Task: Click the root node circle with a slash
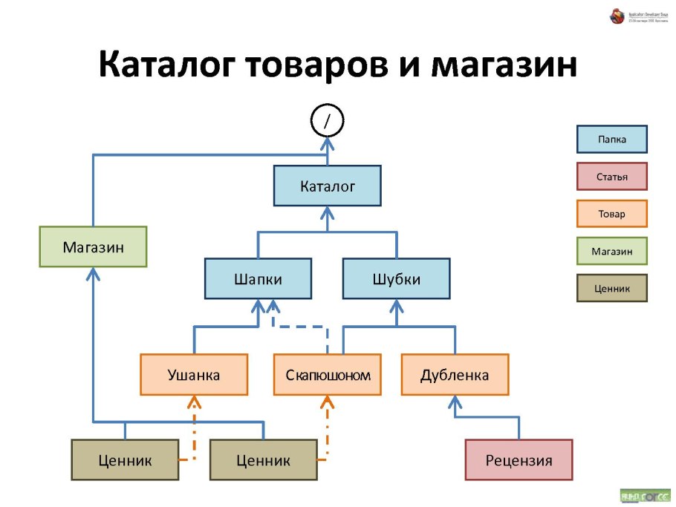pyautogui.click(x=327, y=121)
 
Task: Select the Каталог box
pyautogui.click(x=327, y=186)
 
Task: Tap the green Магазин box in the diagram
pyautogui.click(x=93, y=246)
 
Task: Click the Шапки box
pyautogui.click(x=258, y=279)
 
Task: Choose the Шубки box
pyautogui.click(x=396, y=279)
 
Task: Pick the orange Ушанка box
pyautogui.click(x=193, y=375)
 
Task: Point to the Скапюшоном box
pyautogui.click(x=328, y=375)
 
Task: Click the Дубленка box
pyautogui.click(x=455, y=375)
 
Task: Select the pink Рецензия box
pyautogui.click(x=519, y=460)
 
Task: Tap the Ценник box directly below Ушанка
pyautogui.click(x=125, y=460)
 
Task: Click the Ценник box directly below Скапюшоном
pyautogui.click(x=263, y=460)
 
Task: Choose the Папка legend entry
pyautogui.click(x=611, y=140)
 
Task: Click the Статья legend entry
pyautogui.click(x=611, y=177)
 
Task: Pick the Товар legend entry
pyautogui.click(x=611, y=214)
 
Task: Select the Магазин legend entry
pyautogui.click(x=611, y=251)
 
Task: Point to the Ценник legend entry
pyautogui.click(x=611, y=288)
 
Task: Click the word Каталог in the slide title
pyautogui.click(x=165, y=66)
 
